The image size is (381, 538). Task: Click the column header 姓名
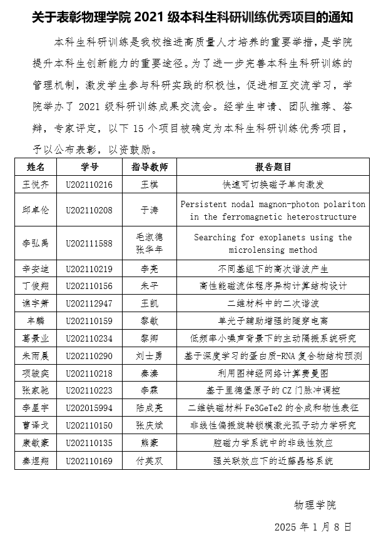[x=36, y=168]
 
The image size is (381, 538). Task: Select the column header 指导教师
[x=150, y=168]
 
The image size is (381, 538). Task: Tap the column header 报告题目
[x=273, y=168]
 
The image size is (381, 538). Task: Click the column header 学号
[x=89, y=168]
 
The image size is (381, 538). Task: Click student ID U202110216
[x=89, y=185]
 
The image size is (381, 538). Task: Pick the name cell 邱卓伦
[x=36, y=210]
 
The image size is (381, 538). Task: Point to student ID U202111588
[x=89, y=243]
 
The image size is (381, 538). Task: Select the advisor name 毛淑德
[x=150, y=237]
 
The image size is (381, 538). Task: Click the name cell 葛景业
[x=36, y=338]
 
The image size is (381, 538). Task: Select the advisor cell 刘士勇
[x=150, y=355]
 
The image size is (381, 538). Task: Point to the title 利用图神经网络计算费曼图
[x=273, y=373]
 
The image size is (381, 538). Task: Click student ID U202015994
[x=89, y=408]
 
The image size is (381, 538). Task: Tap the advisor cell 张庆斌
[x=150, y=425]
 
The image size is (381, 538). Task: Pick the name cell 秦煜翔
[x=36, y=461]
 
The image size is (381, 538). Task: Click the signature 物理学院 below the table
[x=315, y=504]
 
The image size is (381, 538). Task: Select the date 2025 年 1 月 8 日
[x=313, y=526]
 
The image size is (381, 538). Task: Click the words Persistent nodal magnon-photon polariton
[x=273, y=204]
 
